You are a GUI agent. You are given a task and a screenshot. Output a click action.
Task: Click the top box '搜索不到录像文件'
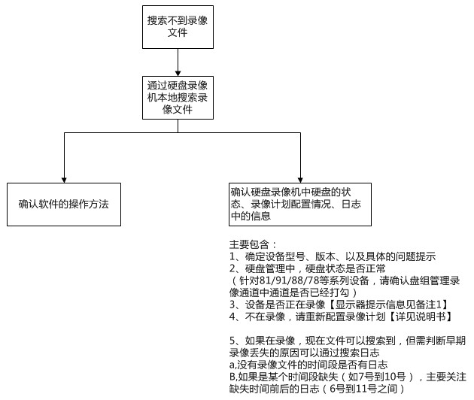(x=178, y=27)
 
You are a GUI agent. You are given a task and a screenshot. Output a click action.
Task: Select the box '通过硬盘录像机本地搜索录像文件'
(x=178, y=98)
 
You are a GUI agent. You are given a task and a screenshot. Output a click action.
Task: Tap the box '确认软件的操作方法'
(x=64, y=205)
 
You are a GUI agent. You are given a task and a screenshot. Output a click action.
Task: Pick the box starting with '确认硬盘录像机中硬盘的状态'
(x=300, y=205)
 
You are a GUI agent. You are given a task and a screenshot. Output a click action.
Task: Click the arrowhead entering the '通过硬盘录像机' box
(x=178, y=74)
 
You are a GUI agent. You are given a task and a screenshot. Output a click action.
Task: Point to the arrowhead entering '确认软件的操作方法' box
(x=64, y=180)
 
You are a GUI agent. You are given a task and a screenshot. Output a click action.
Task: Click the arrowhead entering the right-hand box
(x=300, y=180)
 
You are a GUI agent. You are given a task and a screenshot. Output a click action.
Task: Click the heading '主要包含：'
(x=253, y=244)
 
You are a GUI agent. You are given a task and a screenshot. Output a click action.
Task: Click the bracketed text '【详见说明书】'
(x=419, y=317)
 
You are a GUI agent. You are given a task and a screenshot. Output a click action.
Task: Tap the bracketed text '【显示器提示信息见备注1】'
(x=387, y=305)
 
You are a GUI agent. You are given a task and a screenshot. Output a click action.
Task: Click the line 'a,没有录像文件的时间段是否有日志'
(x=308, y=365)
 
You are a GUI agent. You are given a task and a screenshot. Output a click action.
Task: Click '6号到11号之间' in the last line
(x=363, y=389)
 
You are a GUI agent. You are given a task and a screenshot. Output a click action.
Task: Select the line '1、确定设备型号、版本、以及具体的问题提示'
(x=333, y=256)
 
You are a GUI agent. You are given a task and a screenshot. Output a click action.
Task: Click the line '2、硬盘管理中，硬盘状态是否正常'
(x=308, y=268)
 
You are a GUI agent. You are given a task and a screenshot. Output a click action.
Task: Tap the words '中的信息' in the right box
(x=251, y=216)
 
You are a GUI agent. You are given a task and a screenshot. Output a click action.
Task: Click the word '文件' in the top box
(x=178, y=32)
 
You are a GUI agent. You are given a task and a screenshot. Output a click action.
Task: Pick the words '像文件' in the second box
(x=178, y=109)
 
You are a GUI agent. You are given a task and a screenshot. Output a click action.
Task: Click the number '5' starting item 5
(x=232, y=341)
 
